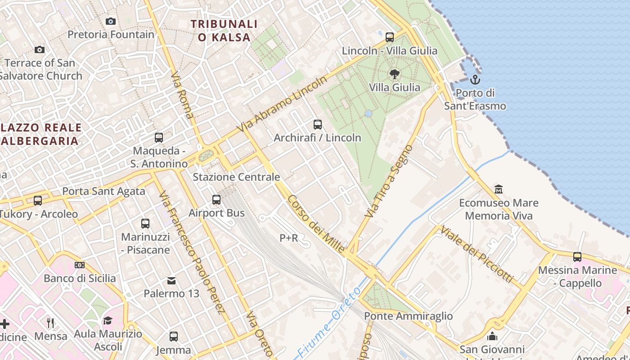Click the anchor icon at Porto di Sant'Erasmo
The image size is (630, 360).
(x=475, y=80)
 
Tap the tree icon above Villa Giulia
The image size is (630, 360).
(x=395, y=74)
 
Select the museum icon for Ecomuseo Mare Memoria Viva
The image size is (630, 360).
(x=499, y=189)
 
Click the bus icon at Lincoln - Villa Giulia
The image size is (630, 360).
(x=390, y=37)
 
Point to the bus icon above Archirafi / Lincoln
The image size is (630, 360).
(x=318, y=124)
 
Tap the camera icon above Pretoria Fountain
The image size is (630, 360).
(x=111, y=21)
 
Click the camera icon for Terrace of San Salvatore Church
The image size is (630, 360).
(x=40, y=49)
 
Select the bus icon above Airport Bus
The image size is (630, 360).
(x=216, y=199)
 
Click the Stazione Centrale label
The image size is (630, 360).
(x=236, y=177)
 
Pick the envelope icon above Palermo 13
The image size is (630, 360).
(x=171, y=281)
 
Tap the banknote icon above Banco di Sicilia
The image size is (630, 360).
(x=80, y=265)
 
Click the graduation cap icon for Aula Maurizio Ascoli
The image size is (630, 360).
(x=108, y=320)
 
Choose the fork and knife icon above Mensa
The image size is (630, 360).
(x=50, y=323)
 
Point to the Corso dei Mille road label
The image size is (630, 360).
(x=316, y=224)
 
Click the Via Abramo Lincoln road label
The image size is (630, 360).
(x=282, y=104)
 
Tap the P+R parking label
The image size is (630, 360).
(x=289, y=238)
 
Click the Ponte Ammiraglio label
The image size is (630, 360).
(x=408, y=316)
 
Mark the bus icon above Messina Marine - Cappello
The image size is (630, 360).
(x=577, y=257)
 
